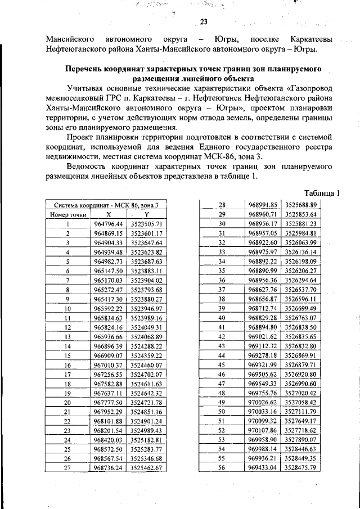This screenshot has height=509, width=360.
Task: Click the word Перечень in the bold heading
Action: click(84, 69)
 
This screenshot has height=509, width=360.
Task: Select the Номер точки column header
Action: click(67, 215)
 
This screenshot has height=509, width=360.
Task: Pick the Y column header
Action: click(146, 215)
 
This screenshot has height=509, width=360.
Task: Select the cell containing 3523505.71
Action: click(146, 224)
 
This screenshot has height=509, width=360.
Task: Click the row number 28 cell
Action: click(221, 205)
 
